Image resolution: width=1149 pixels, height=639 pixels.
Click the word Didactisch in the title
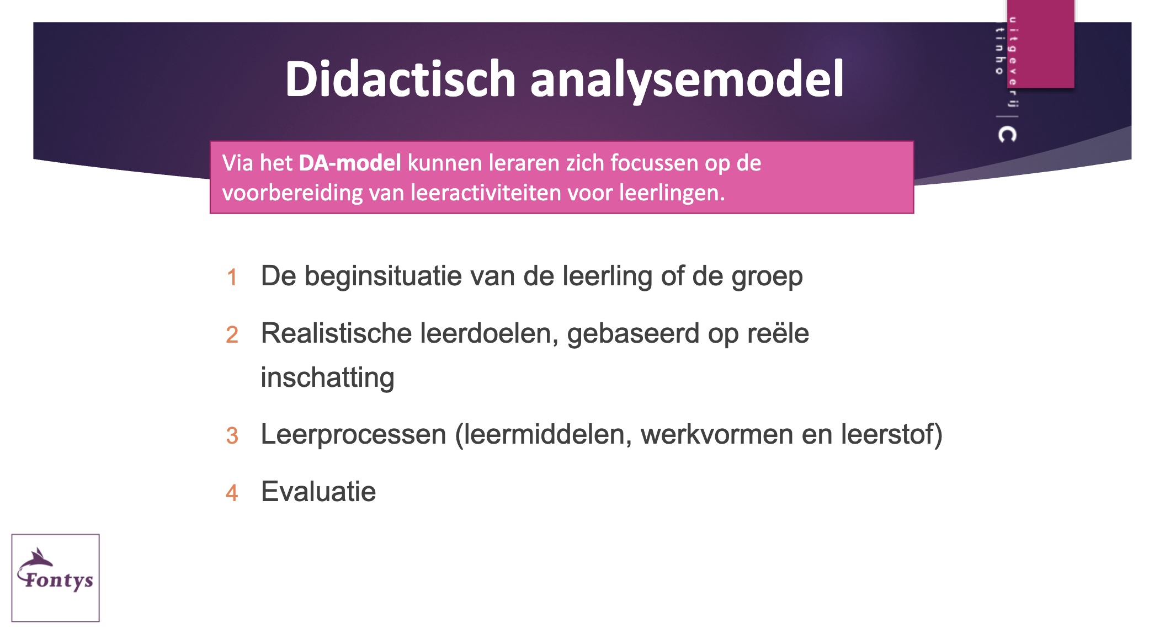pyautogui.click(x=400, y=79)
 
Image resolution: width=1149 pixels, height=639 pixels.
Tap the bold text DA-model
pyautogui.click(x=350, y=163)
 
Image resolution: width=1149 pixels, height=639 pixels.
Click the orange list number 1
pyautogui.click(x=232, y=277)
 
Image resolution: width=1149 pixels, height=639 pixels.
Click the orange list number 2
pyautogui.click(x=232, y=334)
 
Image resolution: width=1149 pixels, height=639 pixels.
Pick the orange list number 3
pyautogui.click(x=232, y=435)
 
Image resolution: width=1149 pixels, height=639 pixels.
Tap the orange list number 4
pyautogui.click(x=232, y=493)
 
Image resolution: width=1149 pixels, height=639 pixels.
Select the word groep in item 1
pyautogui.click(x=767, y=277)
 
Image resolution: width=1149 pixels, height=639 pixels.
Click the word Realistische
pyautogui.click(x=337, y=333)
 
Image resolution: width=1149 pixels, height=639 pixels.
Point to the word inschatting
pyautogui.click(x=328, y=378)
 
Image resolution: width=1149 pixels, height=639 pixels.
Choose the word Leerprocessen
pyautogui.click(x=354, y=435)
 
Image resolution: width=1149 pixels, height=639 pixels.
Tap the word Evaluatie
pyautogui.click(x=318, y=492)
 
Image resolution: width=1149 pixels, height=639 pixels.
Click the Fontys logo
pyautogui.click(x=56, y=577)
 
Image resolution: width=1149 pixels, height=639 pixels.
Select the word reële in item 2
pyautogui.click(x=778, y=333)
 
